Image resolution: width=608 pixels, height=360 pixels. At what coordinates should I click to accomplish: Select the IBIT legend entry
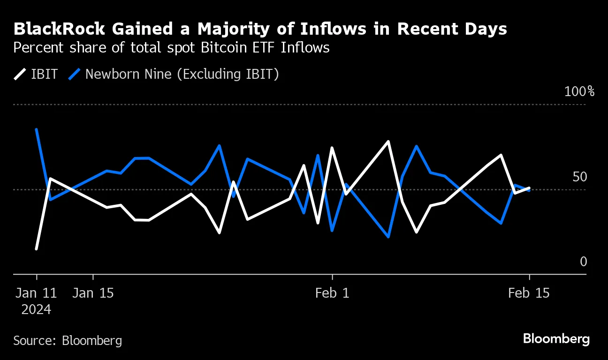(35, 74)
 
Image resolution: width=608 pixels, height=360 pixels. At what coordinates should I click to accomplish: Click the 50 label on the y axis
(580, 177)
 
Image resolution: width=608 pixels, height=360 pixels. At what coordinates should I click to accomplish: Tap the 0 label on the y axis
(584, 262)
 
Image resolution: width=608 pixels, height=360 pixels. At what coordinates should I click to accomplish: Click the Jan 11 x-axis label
(36, 293)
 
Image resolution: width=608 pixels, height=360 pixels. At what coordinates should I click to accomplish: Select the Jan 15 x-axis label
(93, 293)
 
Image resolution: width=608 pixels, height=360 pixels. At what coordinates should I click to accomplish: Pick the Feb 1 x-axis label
(332, 293)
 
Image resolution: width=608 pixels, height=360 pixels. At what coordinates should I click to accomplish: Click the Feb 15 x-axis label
(529, 293)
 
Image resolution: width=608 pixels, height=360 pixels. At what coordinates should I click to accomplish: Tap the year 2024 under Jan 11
(36, 309)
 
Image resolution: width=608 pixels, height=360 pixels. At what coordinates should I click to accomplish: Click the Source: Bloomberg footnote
(68, 340)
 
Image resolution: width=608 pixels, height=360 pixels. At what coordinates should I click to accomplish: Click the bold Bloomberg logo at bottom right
(556, 339)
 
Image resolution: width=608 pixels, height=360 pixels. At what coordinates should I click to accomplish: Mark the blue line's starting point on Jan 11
(37, 129)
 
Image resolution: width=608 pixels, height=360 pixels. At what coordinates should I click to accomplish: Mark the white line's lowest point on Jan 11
(37, 248)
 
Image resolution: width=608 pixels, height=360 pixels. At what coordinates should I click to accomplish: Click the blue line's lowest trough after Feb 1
(388, 237)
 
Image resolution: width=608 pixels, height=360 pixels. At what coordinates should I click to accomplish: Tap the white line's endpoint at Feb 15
(529, 188)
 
